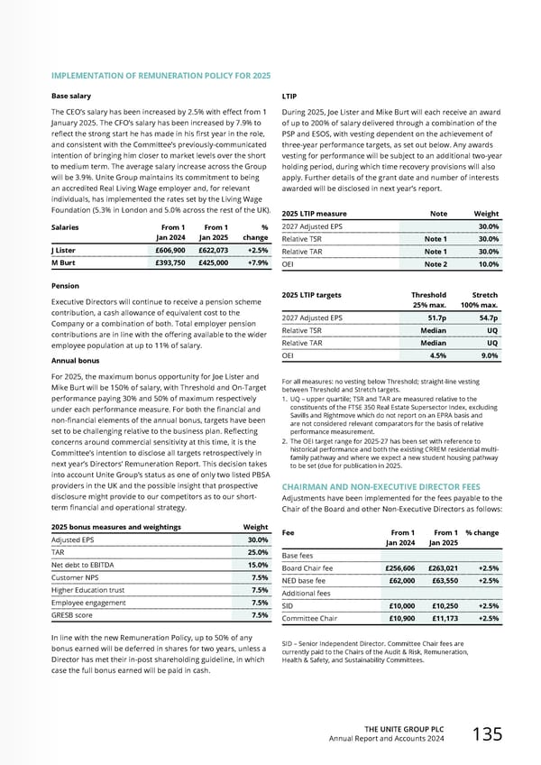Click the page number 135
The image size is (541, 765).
click(x=488, y=734)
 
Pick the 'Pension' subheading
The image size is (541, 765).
click(x=69, y=285)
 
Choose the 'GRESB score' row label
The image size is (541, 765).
click(x=73, y=615)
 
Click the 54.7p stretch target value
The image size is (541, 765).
click(x=485, y=318)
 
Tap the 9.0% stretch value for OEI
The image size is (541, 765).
click(x=487, y=355)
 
